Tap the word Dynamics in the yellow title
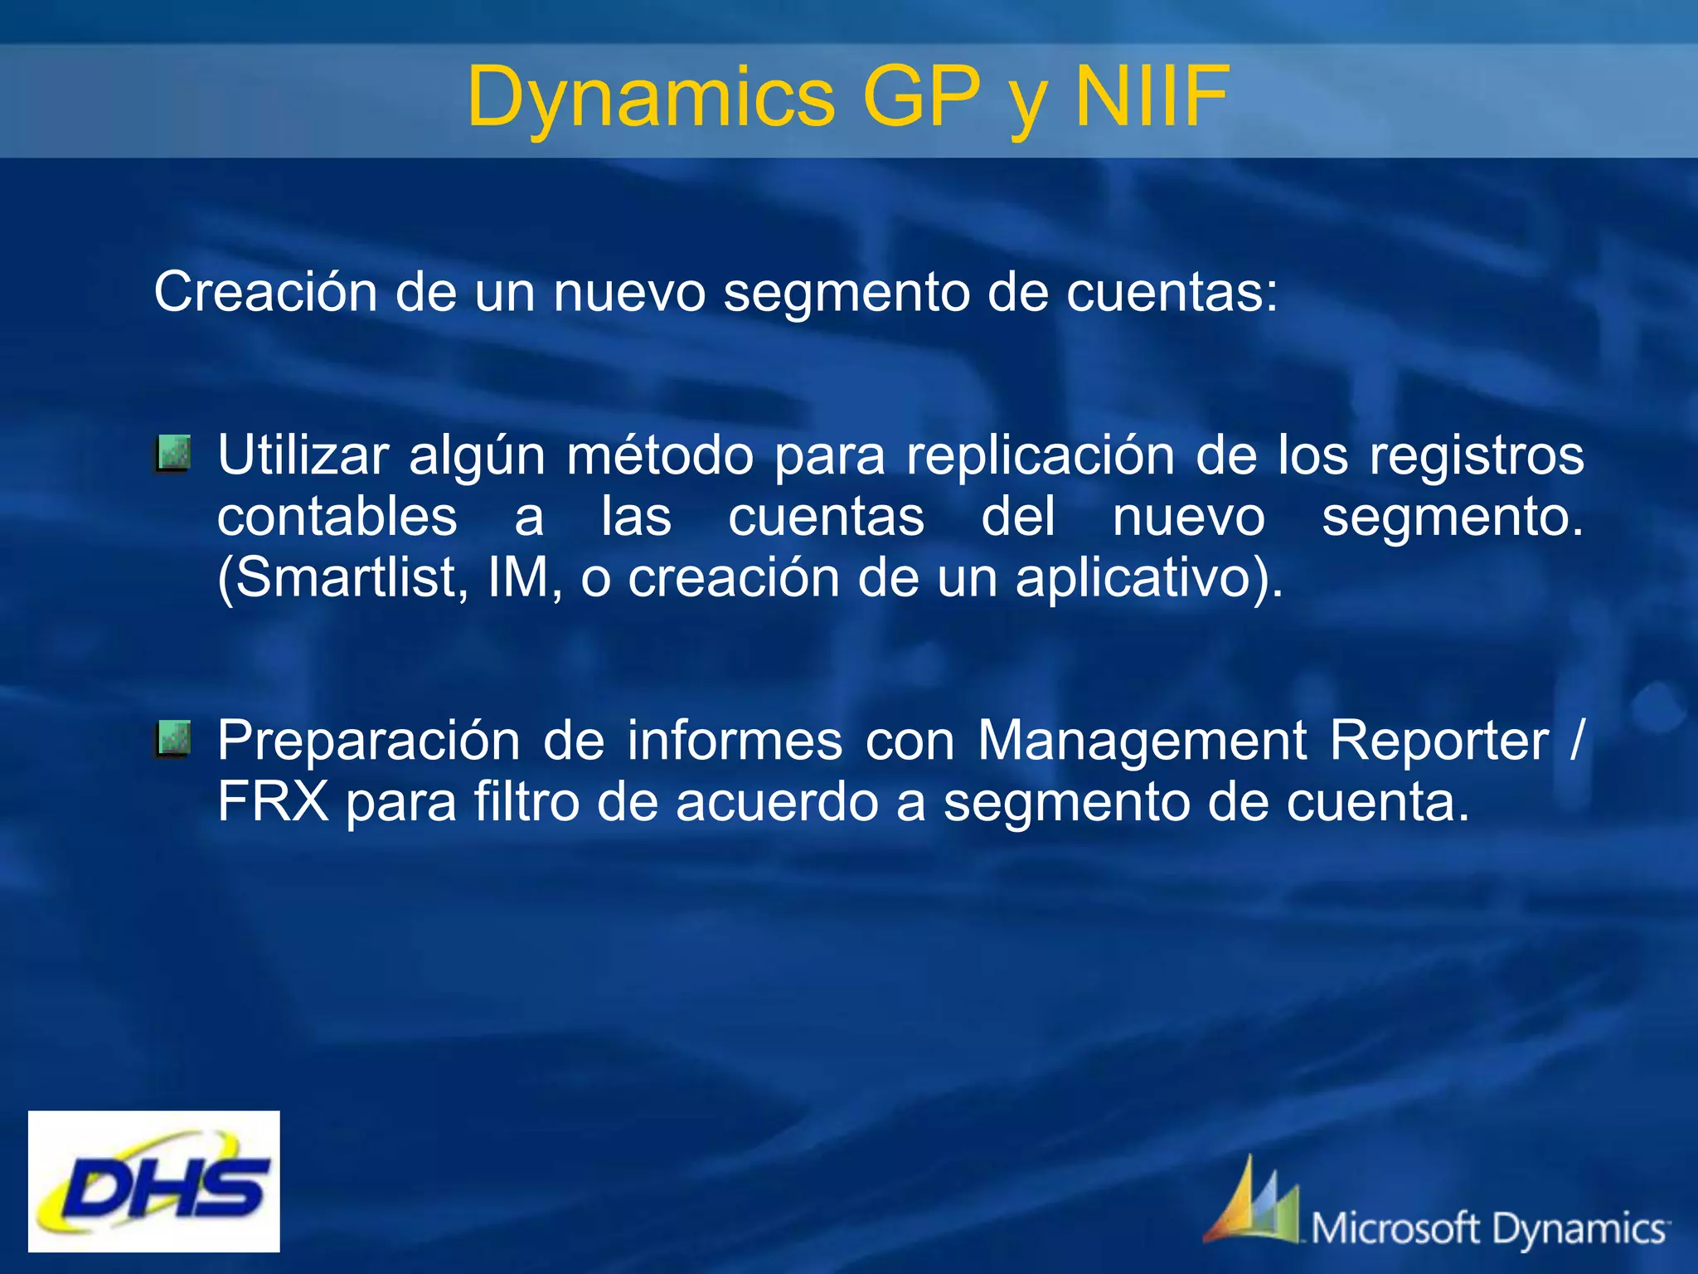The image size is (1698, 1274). click(x=651, y=98)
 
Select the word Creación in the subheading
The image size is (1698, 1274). click(x=266, y=293)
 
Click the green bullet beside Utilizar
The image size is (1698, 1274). click(x=172, y=454)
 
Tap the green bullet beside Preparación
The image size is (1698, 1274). click(x=172, y=739)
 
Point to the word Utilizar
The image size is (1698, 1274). click(x=303, y=455)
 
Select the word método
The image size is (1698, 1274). click(x=659, y=455)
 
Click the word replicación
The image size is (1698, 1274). click(x=1040, y=455)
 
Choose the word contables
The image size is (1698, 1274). click(x=337, y=517)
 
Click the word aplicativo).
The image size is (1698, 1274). click(x=1149, y=578)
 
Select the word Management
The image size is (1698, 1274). click(x=1141, y=741)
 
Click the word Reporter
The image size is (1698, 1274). click(x=1439, y=741)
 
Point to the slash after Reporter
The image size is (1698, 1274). click(x=1576, y=741)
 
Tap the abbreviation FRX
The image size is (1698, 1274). click(x=273, y=802)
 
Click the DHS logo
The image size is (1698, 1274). click(x=154, y=1181)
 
